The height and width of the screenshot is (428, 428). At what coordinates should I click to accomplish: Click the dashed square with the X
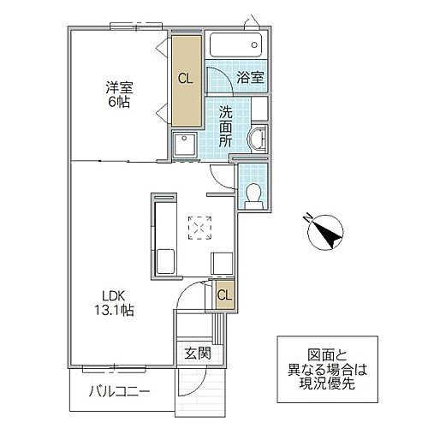[199, 228]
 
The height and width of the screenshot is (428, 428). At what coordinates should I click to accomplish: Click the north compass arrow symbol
[326, 232]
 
